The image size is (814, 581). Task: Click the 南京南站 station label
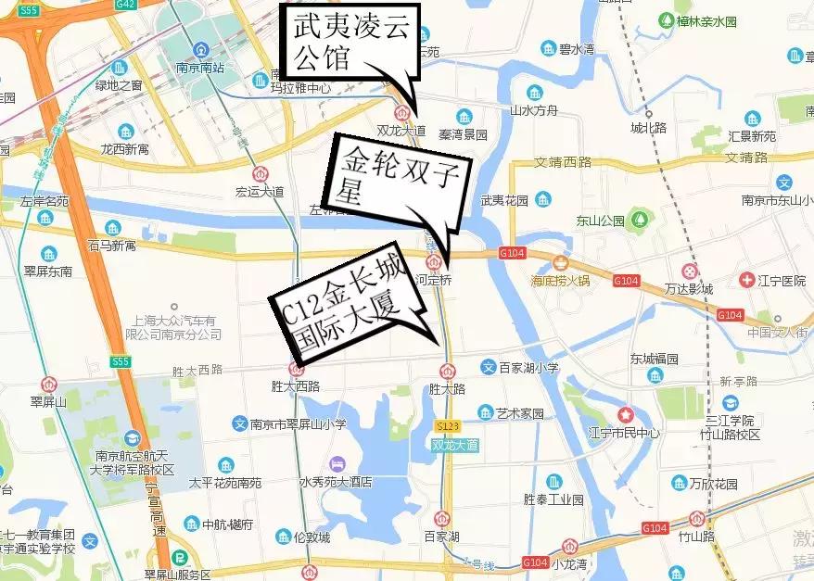point(200,68)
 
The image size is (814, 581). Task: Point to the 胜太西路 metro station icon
point(296,367)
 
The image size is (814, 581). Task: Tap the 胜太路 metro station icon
point(446,371)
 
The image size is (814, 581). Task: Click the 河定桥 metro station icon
point(446,262)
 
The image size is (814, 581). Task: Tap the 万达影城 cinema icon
point(689,270)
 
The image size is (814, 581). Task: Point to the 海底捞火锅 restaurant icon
point(559,262)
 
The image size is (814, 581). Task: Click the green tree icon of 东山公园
point(639,221)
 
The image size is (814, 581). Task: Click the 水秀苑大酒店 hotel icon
point(336,462)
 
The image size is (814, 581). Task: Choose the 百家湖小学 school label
point(528,368)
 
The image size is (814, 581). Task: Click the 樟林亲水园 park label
point(706,20)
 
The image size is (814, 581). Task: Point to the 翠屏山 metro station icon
point(48,383)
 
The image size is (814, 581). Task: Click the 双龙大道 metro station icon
point(401,112)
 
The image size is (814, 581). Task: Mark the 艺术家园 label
point(519,413)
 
